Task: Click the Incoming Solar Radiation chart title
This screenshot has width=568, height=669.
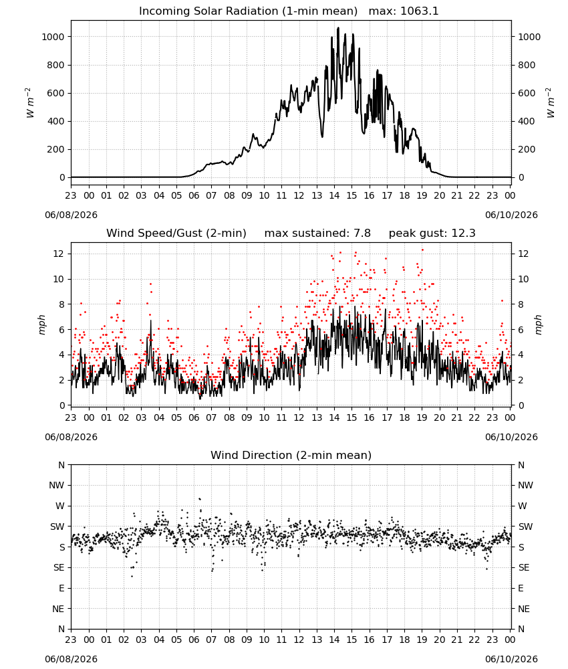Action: pos(248,11)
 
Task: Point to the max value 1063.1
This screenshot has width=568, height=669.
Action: pos(419,11)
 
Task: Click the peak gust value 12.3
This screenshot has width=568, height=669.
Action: pos(463,233)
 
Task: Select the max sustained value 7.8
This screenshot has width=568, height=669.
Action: pos(362,233)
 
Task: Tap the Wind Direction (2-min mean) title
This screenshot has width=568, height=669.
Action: pos(291,455)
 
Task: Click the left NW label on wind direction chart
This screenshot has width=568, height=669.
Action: pos(56,485)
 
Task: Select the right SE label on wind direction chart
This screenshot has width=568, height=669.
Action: pos(524,567)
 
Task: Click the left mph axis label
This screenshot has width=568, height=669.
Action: pos(41,324)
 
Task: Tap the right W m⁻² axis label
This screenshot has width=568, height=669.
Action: pos(550,103)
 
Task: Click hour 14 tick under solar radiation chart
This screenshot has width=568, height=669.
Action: pos(334,195)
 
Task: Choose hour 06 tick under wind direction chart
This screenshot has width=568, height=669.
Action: pos(194,640)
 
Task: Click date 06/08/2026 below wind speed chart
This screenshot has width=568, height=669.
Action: pos(71,437)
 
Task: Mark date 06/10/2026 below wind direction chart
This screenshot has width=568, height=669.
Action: pos(511,659)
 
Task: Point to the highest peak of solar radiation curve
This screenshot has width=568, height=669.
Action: pos(338,28)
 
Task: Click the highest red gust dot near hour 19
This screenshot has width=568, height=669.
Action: pos(422,250)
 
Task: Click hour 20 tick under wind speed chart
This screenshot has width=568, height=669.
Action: pos(439,417)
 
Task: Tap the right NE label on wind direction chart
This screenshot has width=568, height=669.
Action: pos(524,609)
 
